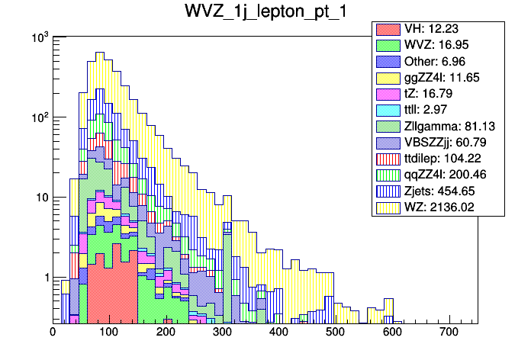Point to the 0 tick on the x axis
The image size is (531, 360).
53,332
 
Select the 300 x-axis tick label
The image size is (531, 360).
221,332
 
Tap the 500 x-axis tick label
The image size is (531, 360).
335,332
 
